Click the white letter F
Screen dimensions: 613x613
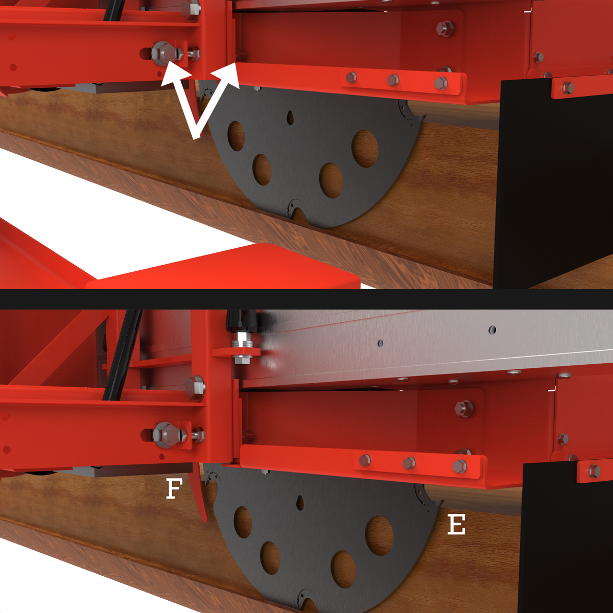coord(174,489)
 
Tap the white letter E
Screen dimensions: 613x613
coord(456,525)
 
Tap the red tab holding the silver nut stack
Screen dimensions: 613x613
coord(236,352)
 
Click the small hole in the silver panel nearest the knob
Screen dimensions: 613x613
coord(381,343)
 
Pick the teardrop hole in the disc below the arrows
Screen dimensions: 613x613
coord(290,117)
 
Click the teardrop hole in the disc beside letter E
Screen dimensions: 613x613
coord(300,502)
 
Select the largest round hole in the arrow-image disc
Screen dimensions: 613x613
coord(365,149)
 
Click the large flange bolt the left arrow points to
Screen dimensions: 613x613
coord(164,54)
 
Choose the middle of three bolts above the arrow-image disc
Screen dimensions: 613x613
coord(393,81)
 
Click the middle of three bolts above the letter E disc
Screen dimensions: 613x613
coord(409,463)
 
